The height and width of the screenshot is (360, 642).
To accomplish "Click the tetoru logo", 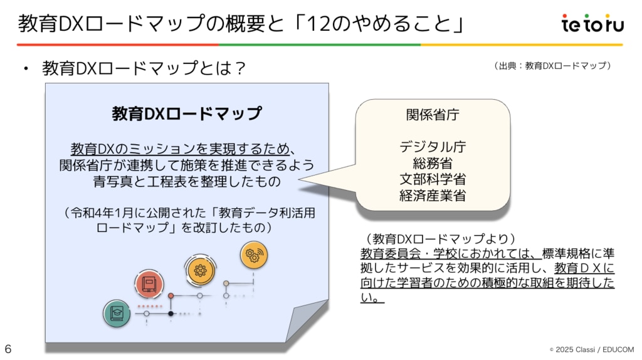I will [x=592, y=24].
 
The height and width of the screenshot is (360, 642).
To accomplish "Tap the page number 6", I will [x=8, y=349].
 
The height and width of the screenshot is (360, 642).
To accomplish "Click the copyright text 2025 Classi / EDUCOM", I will [x=592, y=349].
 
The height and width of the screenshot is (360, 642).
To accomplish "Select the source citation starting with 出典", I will [x=552, y=65].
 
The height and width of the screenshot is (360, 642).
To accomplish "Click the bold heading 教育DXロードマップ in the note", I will [x=187, y=114].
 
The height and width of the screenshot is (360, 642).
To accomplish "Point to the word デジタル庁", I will [x=433, y=147].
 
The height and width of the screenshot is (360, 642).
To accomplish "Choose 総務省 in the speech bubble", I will [x=433, y=163].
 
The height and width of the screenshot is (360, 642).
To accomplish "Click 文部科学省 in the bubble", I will [x=433, y=179].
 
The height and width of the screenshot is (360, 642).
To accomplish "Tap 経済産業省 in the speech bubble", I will [x=433, y=195].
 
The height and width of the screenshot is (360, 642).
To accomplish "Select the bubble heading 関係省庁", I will [x=433, y=115].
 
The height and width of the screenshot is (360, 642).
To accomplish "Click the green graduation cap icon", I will [x=117, y=313].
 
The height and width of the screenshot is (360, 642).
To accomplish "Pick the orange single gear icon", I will [x=200, y=270].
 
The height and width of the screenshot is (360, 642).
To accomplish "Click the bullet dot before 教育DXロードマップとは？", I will [x=26, y=68].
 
